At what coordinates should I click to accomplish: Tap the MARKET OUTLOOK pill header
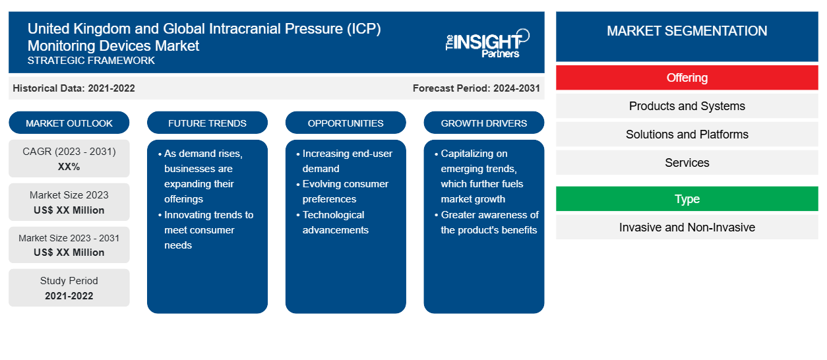pos(69,123)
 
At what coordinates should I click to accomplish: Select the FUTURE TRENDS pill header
pos(207,123)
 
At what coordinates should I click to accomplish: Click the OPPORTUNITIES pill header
pos(346,123)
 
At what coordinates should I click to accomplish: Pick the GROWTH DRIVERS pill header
pos(483,123)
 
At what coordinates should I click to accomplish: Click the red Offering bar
pos(687,78)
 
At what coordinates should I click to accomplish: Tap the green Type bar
pos(687,198)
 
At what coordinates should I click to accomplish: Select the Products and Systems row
pos(687,106)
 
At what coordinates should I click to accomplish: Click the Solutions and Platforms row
pos(687,134)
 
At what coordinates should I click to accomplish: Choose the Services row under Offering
pos(687,162)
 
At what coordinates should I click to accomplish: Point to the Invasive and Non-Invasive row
pos(687,227)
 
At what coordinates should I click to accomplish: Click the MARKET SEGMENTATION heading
pos(687,30)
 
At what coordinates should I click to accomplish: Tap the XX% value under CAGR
pos(69,167)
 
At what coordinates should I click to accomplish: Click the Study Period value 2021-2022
pos(69,296)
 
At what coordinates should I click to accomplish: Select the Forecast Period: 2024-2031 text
pos(476,88)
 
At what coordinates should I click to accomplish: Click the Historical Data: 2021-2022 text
pos(74,88)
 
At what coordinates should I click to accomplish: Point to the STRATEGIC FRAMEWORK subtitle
pos(91,60)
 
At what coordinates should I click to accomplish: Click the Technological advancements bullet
pos(332,222)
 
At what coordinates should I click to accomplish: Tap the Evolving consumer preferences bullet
pos(342,191)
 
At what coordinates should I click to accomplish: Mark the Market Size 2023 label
pos(69,195)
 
